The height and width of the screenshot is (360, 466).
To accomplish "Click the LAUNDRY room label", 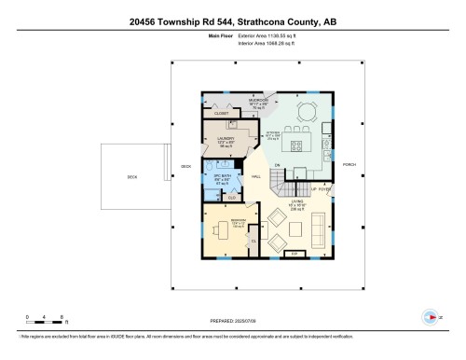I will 226,142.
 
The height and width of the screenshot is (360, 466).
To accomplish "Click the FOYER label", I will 324,188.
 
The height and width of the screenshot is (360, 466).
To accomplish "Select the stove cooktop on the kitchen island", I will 300,145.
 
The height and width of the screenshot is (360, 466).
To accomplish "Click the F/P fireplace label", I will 295,253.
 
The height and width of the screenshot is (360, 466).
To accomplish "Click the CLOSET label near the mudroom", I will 222,113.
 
